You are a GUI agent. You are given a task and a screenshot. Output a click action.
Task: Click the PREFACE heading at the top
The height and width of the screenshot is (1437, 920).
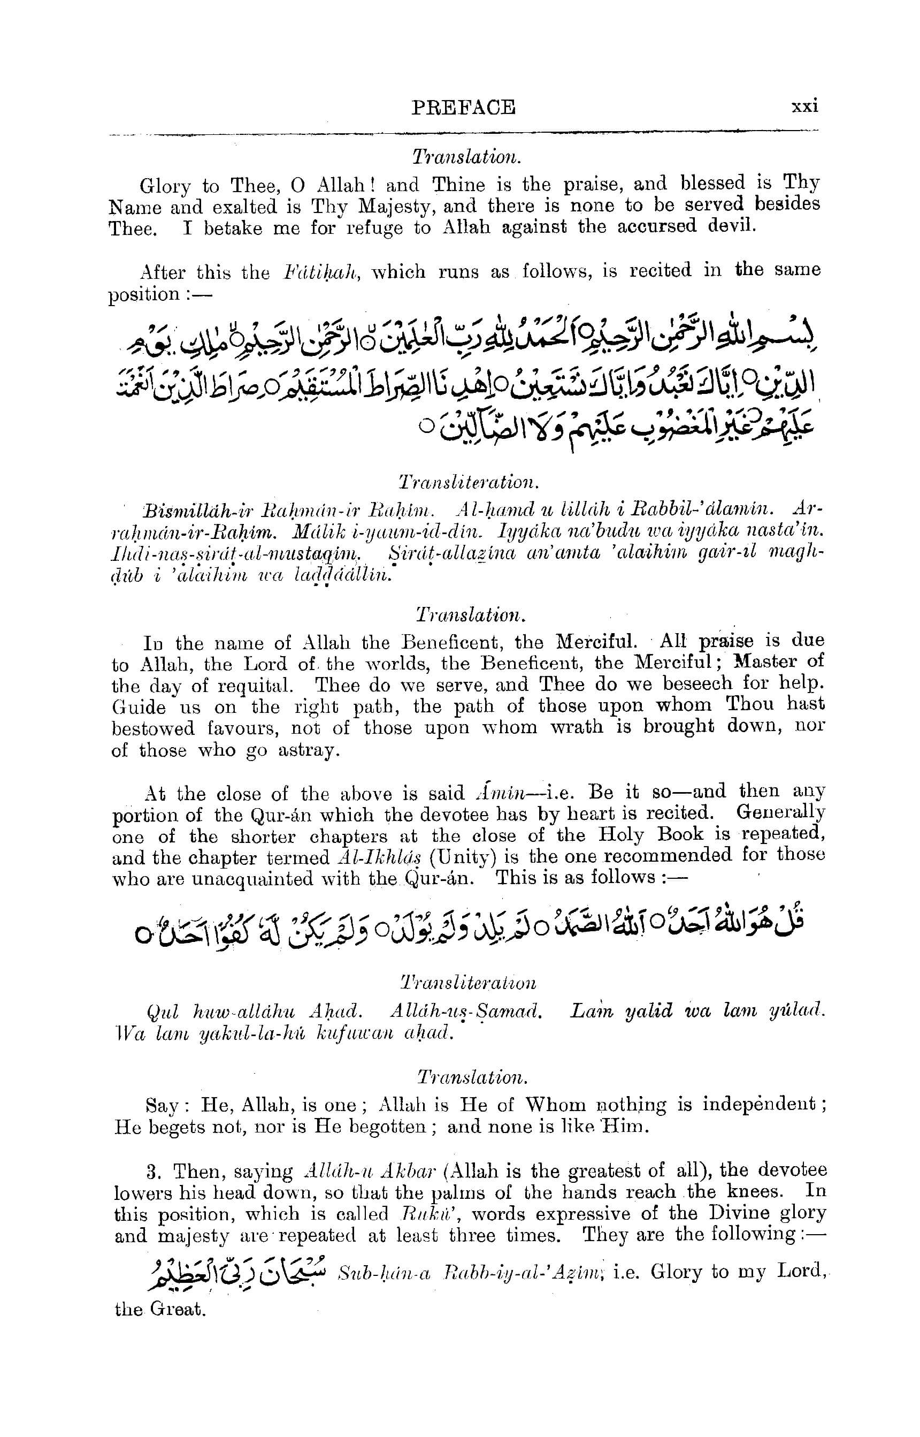click(463, 108)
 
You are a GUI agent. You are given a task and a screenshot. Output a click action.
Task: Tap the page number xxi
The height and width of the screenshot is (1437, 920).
click(804, 106)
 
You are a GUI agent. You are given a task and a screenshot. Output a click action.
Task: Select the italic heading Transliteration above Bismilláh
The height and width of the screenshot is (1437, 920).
click(465, 481)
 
